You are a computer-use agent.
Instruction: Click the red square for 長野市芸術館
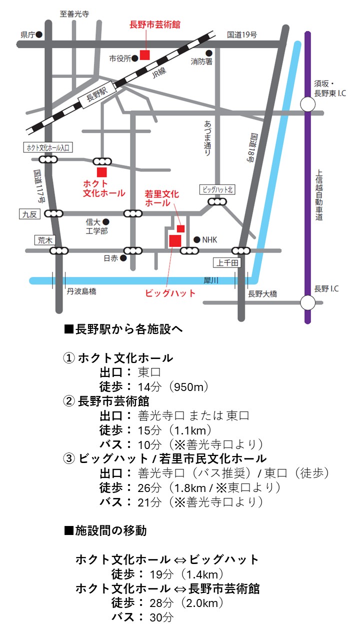tap(144, 54)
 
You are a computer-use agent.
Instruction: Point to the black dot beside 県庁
tap(39, 34)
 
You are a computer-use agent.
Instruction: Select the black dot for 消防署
tap(208, 52)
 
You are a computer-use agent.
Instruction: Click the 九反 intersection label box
tap(29, 214)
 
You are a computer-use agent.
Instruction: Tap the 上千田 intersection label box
tap(227, 262)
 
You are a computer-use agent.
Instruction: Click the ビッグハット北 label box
tap(217, 189)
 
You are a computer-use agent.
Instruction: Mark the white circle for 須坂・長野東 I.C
tap(307, 104)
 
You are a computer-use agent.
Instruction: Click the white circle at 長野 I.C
tap(307, 302)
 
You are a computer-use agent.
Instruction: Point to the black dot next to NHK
tap(196, 239)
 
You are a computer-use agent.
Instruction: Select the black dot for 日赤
tap(123, 258)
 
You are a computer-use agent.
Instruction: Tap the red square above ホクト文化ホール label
tap(102, 172)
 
